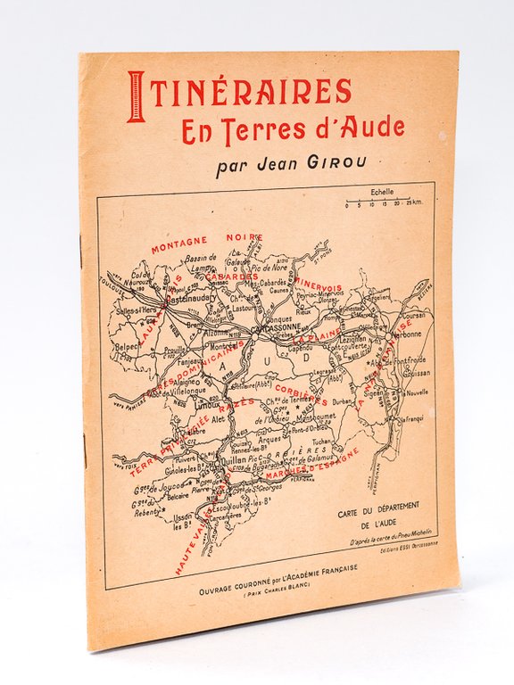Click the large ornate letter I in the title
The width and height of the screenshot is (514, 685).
[x=136, y=95]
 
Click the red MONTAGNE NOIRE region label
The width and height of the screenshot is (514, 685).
[x=205, y=243]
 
